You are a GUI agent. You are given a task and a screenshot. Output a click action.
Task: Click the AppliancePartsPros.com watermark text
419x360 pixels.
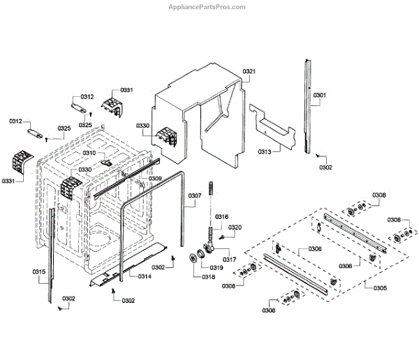tap(209, 7)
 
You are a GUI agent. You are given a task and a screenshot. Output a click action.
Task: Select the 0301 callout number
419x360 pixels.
tap(319, 95)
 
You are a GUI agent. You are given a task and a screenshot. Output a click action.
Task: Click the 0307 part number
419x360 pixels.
tap(195, 195)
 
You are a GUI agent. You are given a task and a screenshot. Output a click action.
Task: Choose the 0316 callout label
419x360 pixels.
tap(221, 217)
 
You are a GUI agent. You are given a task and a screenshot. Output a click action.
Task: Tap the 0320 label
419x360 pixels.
tap(235, 227)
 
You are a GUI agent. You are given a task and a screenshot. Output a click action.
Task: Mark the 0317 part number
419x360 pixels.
tap(230, 260)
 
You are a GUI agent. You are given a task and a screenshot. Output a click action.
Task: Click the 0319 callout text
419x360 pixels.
tap(217, 268)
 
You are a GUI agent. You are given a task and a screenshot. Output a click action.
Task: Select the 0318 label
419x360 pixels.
tap(208, 277)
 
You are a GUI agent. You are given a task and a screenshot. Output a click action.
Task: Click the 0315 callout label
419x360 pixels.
tap(39, 271)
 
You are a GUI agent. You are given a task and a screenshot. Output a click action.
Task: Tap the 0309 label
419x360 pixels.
tap(155, 179)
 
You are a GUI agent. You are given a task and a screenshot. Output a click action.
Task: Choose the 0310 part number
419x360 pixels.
tap(89, 153)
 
